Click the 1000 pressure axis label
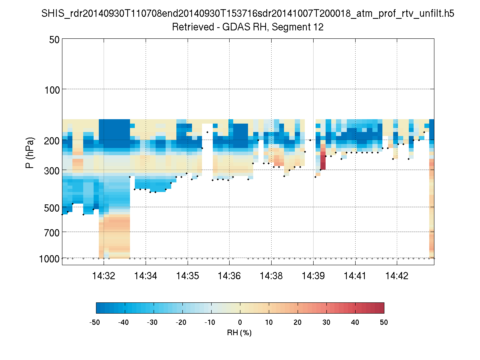[x=50, y=259]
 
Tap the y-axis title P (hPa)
[x=30, y=153]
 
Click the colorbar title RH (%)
[x=240, y=333]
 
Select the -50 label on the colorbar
[x=96, y=322]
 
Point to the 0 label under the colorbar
[x=240, y=322]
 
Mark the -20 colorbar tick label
[x=182, y=322]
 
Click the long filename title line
[x=248, y=14]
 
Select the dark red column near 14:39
[x=323, y=157]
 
